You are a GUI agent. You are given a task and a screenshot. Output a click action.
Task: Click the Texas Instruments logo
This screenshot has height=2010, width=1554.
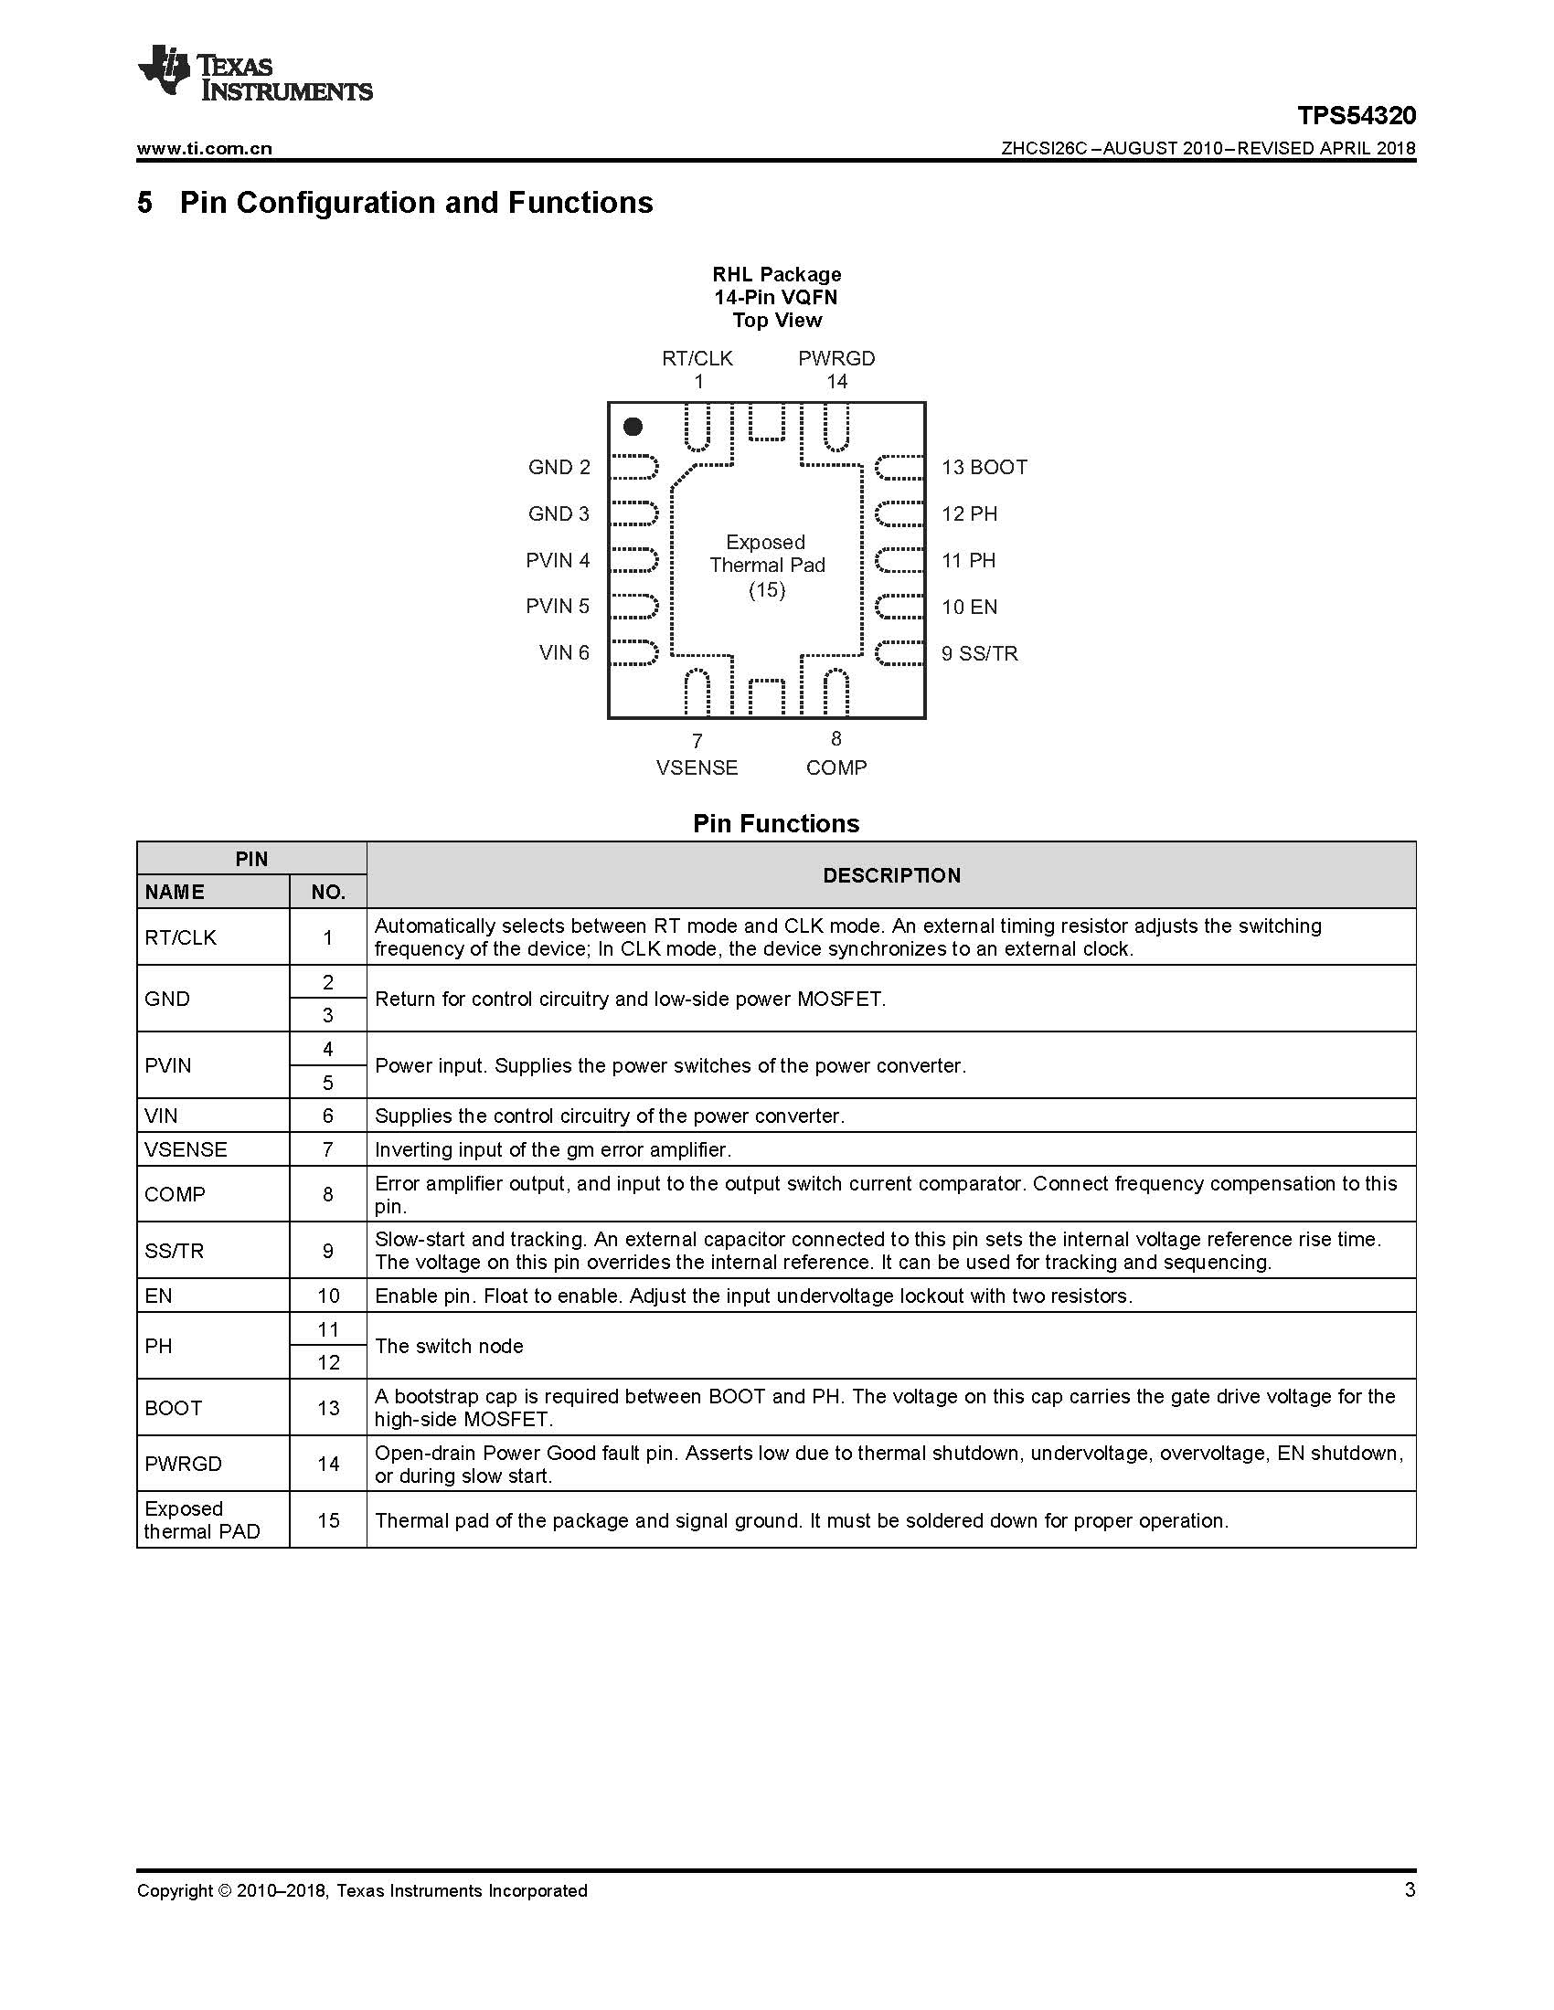(x=254, y=72)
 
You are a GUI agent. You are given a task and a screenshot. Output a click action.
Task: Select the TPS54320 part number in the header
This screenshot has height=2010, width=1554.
(x=1356, y=116)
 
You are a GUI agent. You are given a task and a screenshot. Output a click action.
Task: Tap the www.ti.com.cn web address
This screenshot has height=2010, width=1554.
(x=205, y=148)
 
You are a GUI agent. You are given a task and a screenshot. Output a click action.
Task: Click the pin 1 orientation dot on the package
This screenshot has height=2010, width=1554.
(x=633, y=426)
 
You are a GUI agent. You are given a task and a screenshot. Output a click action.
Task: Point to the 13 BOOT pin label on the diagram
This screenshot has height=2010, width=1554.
(x=984, y=468)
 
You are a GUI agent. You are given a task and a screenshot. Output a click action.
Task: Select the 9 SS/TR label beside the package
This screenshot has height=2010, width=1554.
(x=979, y=653)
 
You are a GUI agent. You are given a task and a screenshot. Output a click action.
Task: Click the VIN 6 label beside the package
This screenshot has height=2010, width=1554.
(x=563, y=652)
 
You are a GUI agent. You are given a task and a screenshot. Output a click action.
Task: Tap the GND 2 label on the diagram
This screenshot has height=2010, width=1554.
(x=559, y=468)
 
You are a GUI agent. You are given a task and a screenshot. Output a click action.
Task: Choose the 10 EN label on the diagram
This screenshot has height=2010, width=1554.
(x=968, y=607)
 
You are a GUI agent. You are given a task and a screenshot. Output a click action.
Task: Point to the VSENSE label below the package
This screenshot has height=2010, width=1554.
(x=697, y=767)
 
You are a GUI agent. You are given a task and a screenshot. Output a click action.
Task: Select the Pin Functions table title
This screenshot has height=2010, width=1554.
(x=775, y=824)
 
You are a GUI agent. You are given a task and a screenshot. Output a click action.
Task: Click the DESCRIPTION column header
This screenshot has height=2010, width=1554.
(x=891, y=875)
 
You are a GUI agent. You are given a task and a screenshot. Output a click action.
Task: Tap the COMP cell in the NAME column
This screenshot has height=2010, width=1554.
(x=175, y=1195)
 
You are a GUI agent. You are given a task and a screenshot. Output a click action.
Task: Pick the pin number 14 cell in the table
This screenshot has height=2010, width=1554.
(x=329, y=1464)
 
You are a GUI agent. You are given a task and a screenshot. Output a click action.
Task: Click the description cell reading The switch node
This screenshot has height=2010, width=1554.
(x=449, y=1346)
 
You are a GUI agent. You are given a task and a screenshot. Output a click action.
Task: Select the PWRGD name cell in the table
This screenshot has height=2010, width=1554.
(x=183, y=1464)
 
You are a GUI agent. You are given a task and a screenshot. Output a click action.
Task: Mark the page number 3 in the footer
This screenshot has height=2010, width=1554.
(x=1410, y=1889)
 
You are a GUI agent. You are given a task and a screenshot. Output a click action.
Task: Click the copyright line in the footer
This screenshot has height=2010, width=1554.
(x=362, y=1890)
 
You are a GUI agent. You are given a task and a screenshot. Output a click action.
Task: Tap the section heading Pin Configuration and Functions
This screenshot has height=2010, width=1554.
(x=415, y=203)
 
